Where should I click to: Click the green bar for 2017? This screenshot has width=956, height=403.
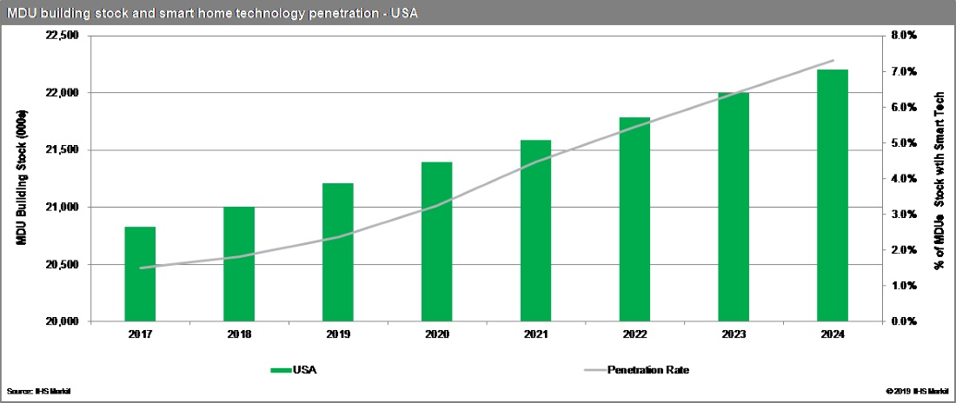140,274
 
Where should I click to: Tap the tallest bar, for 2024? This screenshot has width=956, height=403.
833,195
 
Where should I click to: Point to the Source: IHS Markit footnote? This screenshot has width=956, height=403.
38,392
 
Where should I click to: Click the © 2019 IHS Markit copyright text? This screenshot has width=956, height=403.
918,392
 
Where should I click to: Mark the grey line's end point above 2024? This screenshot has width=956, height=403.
833,61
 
